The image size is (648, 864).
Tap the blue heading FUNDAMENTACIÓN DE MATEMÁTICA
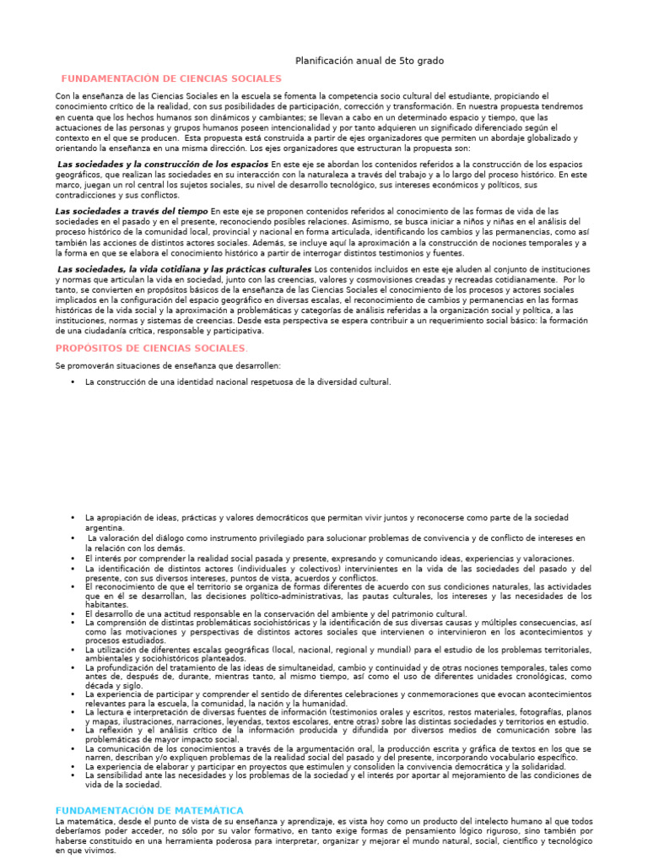click(x=149, y=810)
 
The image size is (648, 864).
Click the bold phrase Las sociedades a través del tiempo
click(x=132, y=210)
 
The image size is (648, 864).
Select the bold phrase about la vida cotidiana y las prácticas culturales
click(x=184, y=269)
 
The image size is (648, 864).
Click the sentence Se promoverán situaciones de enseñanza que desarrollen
click(x=168, y=365)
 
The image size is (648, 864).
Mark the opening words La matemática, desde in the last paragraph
click(x=93, y=821)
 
